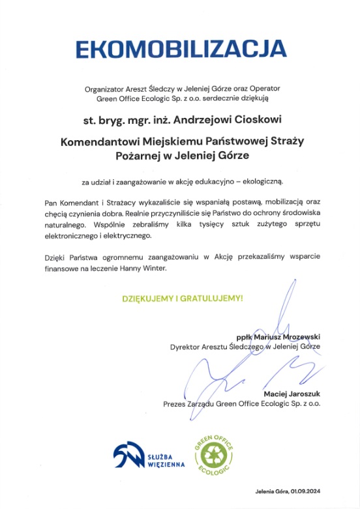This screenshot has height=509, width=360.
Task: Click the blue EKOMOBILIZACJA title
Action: [x=179, y=48]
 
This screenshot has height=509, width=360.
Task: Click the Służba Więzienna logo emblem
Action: [x=128, y=454]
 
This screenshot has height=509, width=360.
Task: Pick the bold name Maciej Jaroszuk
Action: [x=292, y=394]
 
